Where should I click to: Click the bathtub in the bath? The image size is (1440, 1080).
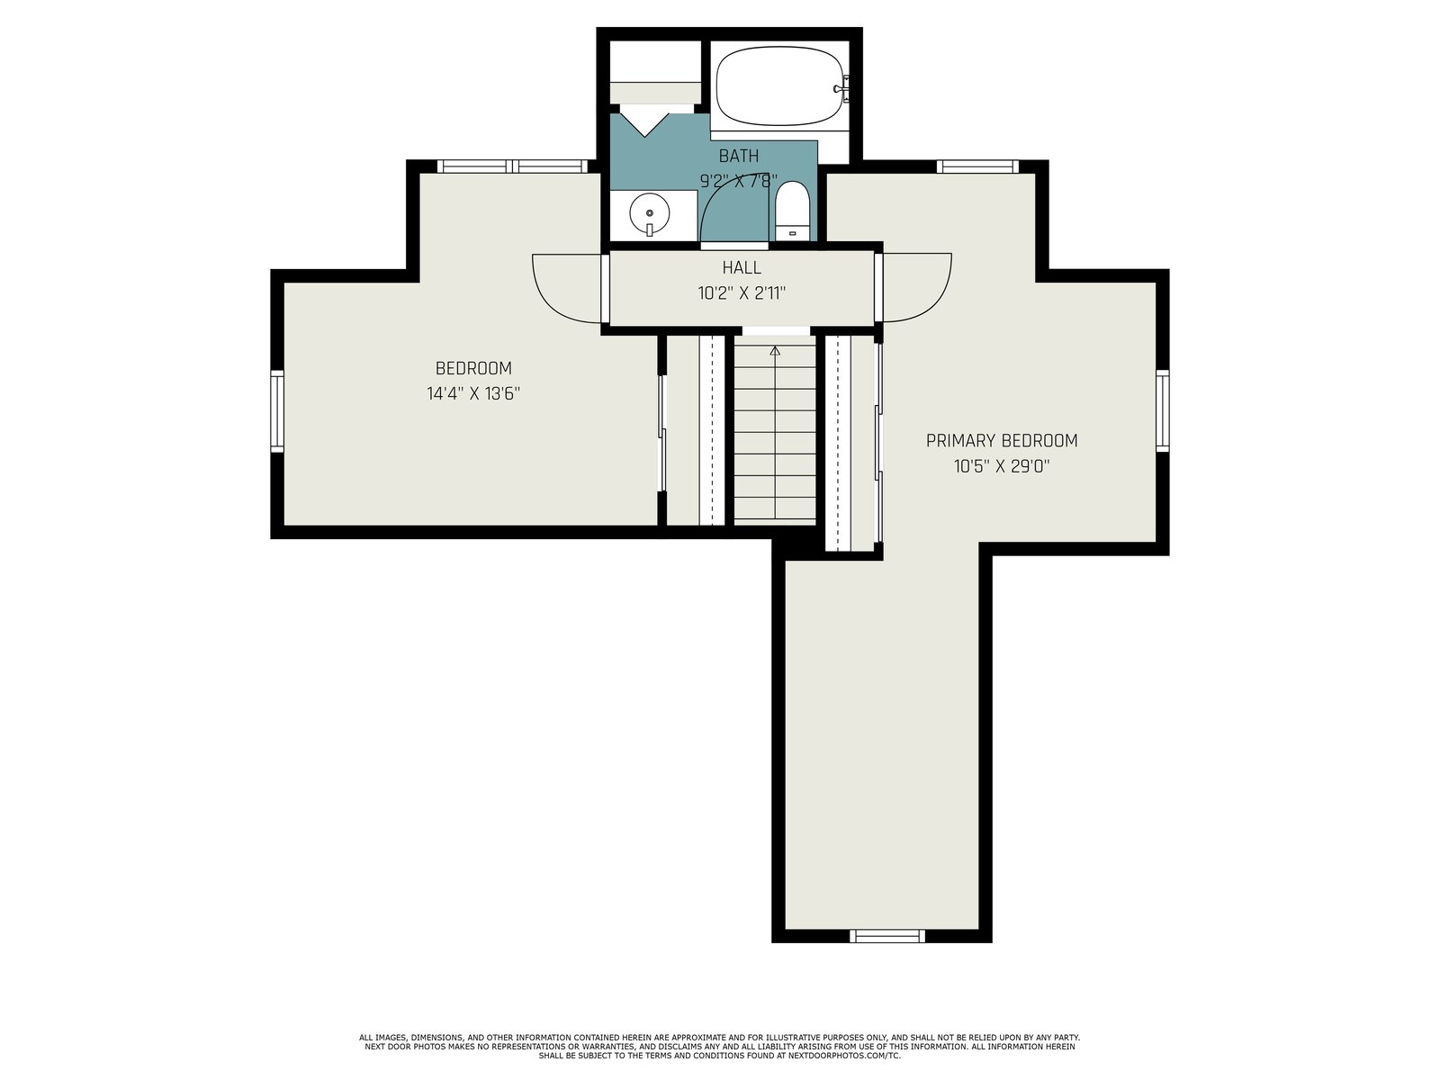point(779,85)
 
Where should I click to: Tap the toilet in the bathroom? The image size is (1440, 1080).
point(793,211)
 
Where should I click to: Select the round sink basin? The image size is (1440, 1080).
point(650,214)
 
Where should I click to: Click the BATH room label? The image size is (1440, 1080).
point(739,156)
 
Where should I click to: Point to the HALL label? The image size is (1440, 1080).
point(742,267)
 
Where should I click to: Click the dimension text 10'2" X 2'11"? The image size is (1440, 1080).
point(742,293)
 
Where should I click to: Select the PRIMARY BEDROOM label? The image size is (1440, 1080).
point(1001,441)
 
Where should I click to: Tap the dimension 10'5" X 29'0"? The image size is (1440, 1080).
point(1001,466)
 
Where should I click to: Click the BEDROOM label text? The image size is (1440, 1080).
point(473,368)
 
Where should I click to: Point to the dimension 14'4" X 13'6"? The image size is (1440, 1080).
point(473,393)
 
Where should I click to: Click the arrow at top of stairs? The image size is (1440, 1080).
point(775,352)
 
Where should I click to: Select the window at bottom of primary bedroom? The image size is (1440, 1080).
point(887,936)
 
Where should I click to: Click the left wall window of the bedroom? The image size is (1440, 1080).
point(277,411)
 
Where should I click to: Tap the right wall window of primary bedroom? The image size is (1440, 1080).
point(1162,410)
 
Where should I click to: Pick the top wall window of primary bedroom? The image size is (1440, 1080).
point(977,166)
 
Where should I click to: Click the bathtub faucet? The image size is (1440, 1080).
point(842,88)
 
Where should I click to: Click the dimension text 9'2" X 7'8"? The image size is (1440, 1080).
point(739,181)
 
